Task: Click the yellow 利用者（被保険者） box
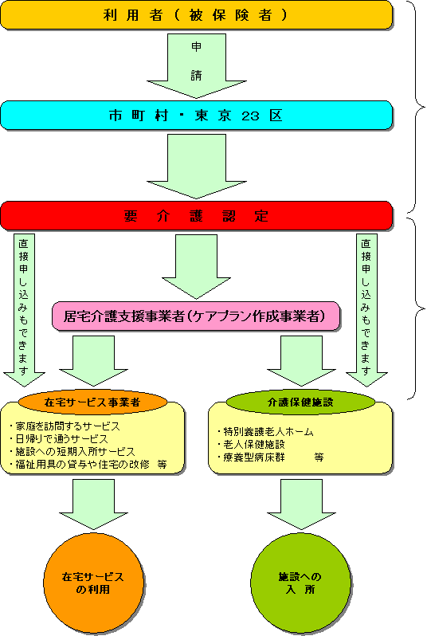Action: pos(196,15)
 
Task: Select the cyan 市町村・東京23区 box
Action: pos(196,116)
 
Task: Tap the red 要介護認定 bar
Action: pos(196,216)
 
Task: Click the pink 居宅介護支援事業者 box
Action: pos(196,316)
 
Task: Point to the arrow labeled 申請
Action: pos(196,65)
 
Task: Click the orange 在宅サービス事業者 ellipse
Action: pos(93,402)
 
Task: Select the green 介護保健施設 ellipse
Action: pos(300,402)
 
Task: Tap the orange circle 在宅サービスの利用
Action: pos(93,583)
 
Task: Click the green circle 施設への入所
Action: pos(300,583)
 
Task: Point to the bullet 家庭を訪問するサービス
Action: pos(65,426)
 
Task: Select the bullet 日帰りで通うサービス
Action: pos(59,439)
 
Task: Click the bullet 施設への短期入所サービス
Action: pos(72,451)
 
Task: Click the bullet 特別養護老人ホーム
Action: pos(265,432)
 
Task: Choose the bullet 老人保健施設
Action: pos(251,445)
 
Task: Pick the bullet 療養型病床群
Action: pos(251,457)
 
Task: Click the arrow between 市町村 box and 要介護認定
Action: pos(196,167)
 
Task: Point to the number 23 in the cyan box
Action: pos(250,116)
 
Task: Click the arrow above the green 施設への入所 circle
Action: pos(301,504)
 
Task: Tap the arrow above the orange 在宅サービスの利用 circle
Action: pos(94,504)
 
